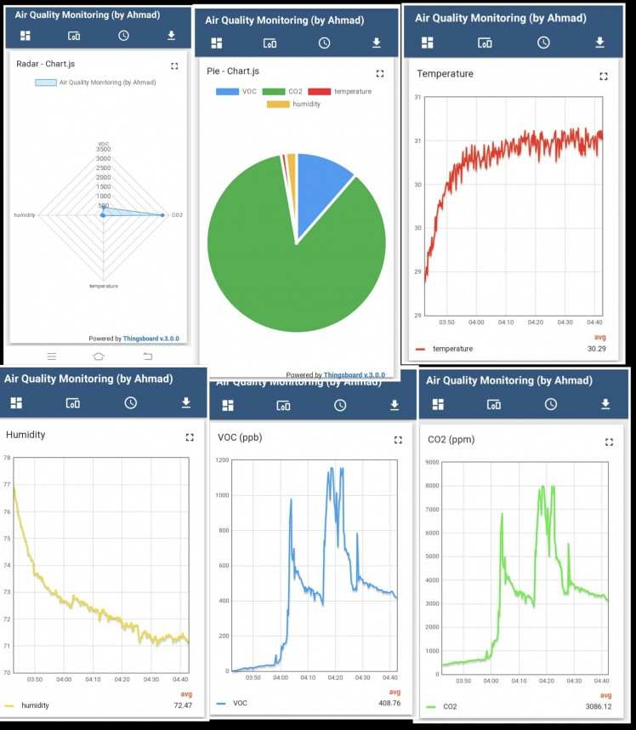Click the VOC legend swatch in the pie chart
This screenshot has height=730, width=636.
227,91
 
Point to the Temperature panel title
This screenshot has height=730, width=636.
445,74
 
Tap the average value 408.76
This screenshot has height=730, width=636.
389,704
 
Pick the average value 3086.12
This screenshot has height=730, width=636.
598,706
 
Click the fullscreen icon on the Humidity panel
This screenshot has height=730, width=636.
190,436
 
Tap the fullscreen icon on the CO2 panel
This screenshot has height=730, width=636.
609,442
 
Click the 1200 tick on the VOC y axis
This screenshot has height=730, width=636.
223,460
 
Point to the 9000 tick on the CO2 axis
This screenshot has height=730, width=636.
432,463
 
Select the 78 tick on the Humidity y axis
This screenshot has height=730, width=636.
7,458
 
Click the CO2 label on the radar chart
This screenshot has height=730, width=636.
177,215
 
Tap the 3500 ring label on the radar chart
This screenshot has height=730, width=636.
104,150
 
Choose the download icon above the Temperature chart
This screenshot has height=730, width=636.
599,43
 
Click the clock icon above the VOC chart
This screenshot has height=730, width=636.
340,406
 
